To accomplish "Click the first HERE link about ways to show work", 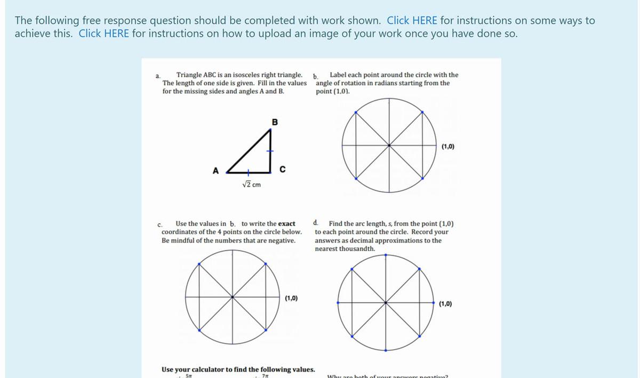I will (412, 21).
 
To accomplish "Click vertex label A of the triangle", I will (215, 171).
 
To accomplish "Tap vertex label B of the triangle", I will (275, 122).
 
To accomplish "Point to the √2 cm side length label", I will (251, 185).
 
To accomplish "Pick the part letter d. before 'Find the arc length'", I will (317, 223).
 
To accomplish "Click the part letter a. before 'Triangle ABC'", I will (158, 76).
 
